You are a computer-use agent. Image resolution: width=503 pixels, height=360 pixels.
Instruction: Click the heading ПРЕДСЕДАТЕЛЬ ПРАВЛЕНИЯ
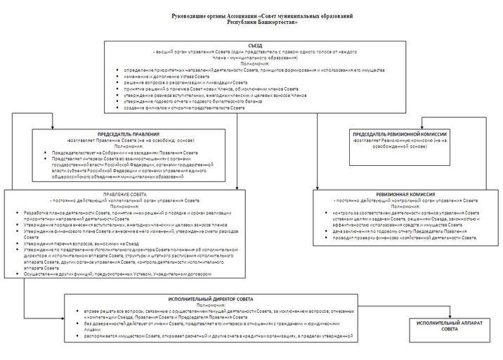point(131,134)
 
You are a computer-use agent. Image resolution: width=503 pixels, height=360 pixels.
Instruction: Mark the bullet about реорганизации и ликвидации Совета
point(186,82)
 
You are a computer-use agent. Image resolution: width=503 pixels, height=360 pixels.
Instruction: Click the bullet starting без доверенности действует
point(211,327)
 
